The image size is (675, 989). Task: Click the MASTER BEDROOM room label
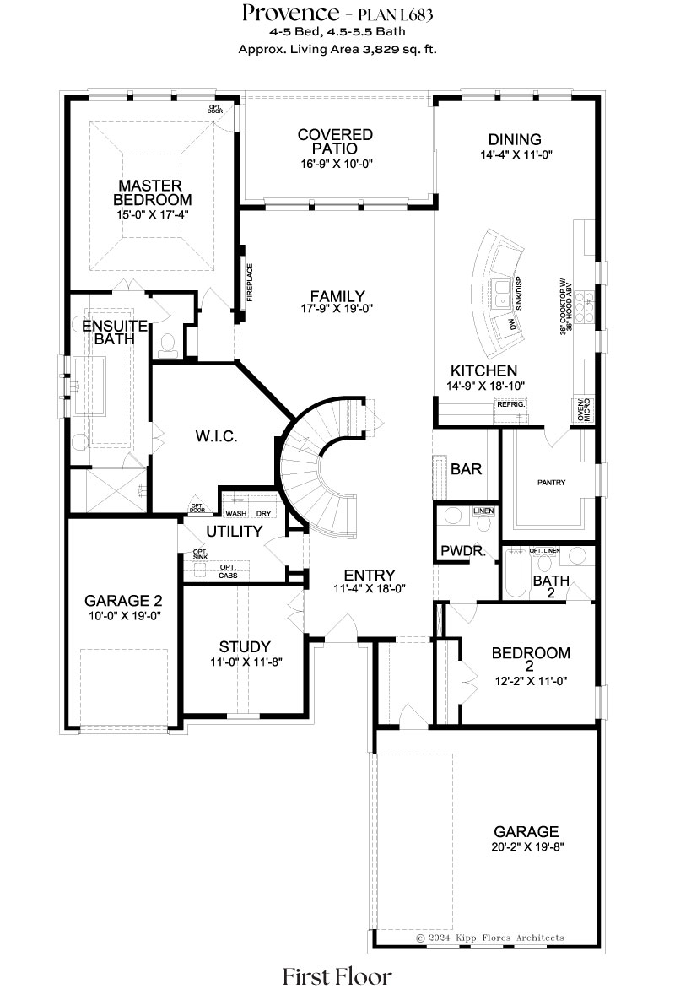152,192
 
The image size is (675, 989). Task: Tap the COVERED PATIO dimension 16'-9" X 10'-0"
337,164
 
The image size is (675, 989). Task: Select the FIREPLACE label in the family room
250,282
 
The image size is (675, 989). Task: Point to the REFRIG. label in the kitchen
511,404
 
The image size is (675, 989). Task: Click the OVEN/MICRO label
584,410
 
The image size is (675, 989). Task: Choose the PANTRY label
551,483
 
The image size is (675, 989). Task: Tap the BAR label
467,468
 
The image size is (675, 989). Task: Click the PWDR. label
463,551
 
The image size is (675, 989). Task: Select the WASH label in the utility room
236,513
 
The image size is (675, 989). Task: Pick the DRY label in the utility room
264,513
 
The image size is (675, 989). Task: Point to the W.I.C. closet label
216,435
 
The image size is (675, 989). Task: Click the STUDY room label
245,646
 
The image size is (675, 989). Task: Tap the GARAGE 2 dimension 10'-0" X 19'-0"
125,616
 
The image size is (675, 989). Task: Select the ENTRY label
370,575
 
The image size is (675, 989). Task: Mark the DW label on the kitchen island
512,325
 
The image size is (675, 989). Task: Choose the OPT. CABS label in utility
229,571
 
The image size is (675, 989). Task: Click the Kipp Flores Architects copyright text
490,938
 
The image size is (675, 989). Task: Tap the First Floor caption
337,975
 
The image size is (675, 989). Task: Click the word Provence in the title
291,13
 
